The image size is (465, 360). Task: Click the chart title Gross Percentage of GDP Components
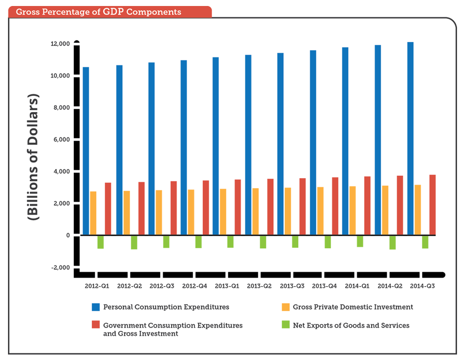click(x=98, y=11)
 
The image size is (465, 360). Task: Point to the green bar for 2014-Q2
click(x=393, y=242)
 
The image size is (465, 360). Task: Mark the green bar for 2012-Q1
click(x=100, y=242)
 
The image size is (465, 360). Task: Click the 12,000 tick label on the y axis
click(x=59, y=44)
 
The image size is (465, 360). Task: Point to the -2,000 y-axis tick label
click(x=61, y=267)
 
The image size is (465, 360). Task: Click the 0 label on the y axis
click(x=68, y=235)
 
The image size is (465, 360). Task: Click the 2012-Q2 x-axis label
click(x=130, y=287)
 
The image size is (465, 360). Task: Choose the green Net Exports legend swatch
click(x=285, y=325)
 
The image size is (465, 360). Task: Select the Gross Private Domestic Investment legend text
click(x=353, y=307)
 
